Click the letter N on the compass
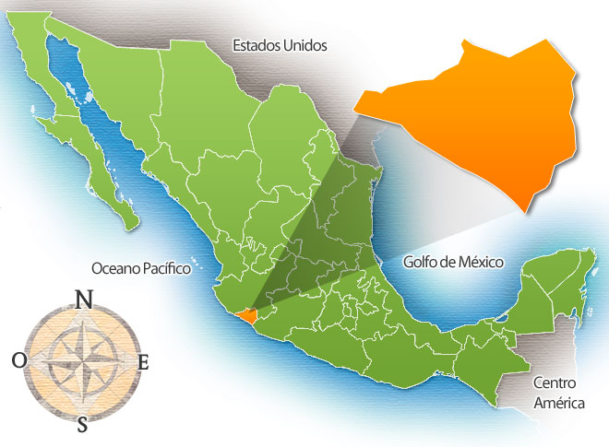click(83, 299)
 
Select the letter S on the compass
click(83, 424)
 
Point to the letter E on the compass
click(143, 362)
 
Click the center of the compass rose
click(82, 361)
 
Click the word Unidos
click(305, 44)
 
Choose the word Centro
click(555, 382)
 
